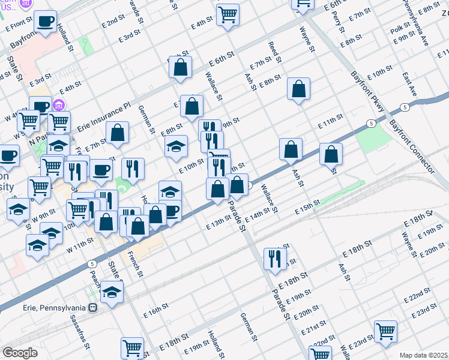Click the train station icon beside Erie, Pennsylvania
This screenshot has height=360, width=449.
coord(92,308)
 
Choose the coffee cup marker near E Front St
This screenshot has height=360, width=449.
coord(44,22)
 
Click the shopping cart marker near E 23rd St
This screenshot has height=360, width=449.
coord(385,331)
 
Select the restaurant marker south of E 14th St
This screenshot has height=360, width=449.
coord(274,259)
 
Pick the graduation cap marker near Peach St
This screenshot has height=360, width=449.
coord(112,292)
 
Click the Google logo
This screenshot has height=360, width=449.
coord(20,353)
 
